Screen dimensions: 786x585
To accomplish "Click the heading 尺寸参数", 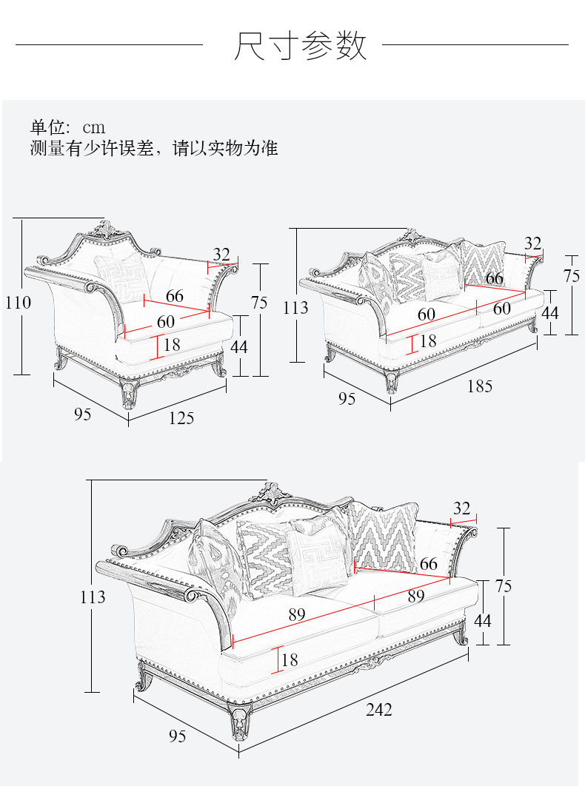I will coord(300,46).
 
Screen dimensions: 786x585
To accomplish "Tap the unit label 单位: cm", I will coord(67,127).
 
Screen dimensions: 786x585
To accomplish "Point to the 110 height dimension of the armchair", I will coord(19,303).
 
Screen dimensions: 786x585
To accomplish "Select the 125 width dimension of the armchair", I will coord(181,418).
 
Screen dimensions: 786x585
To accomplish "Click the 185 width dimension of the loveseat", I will coord(479,386).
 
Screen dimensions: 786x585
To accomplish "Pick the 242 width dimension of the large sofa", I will coord(378,710).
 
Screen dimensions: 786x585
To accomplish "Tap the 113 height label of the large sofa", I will coord(93,597).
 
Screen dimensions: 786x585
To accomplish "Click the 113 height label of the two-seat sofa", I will coord(295,307).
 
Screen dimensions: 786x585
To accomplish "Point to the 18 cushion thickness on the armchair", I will coord(172,345).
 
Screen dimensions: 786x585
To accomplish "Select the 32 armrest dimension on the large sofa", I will coord(461,508).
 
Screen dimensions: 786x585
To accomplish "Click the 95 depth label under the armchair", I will coord(82,414).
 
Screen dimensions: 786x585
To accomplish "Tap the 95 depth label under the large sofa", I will coord(177,736).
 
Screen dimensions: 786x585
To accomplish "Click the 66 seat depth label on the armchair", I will coord(174,296).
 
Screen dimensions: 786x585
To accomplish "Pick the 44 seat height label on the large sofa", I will coord(482,620).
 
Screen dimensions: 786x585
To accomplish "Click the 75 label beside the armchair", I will coord(259,303).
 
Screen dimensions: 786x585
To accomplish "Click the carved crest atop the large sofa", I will coord(271,494).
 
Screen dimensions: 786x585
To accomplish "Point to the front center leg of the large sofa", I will coord(241,722).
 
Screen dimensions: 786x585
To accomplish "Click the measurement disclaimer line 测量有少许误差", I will coord(154,148).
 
